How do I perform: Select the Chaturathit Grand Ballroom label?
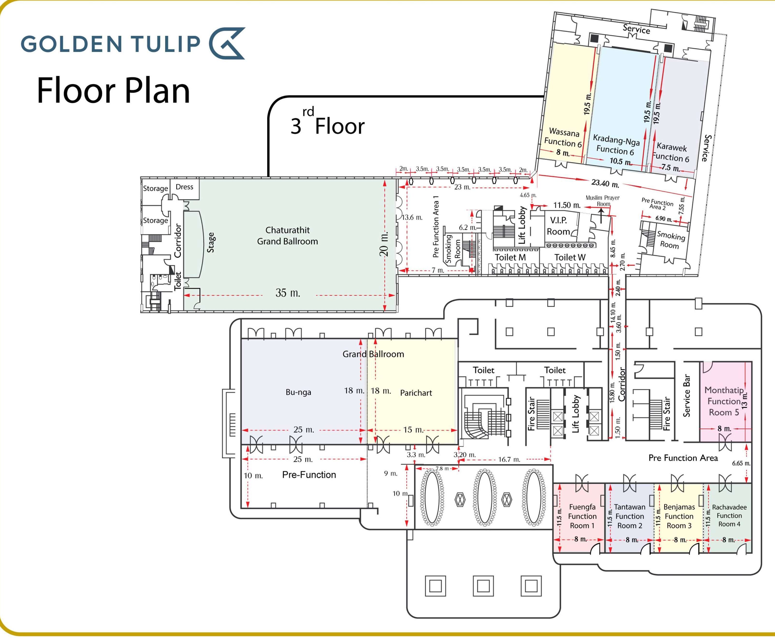pos(288,236)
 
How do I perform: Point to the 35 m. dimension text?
pos(288,293)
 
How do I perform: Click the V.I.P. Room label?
pos(558,226)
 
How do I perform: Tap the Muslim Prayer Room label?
pos(603,201)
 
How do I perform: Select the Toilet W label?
pos(570,257)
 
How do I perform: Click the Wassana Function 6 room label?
pos(563,137)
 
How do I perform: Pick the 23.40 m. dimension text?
pos(605,183)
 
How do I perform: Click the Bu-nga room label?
pos(298,392)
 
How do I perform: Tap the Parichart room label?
pos(416,393)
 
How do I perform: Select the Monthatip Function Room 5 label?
pos(724,401)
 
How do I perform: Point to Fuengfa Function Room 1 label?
pos(582,516)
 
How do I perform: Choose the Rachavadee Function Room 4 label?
pos(729,516)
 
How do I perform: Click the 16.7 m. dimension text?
pos(509,460)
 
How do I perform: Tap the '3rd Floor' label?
pos(327,124)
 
